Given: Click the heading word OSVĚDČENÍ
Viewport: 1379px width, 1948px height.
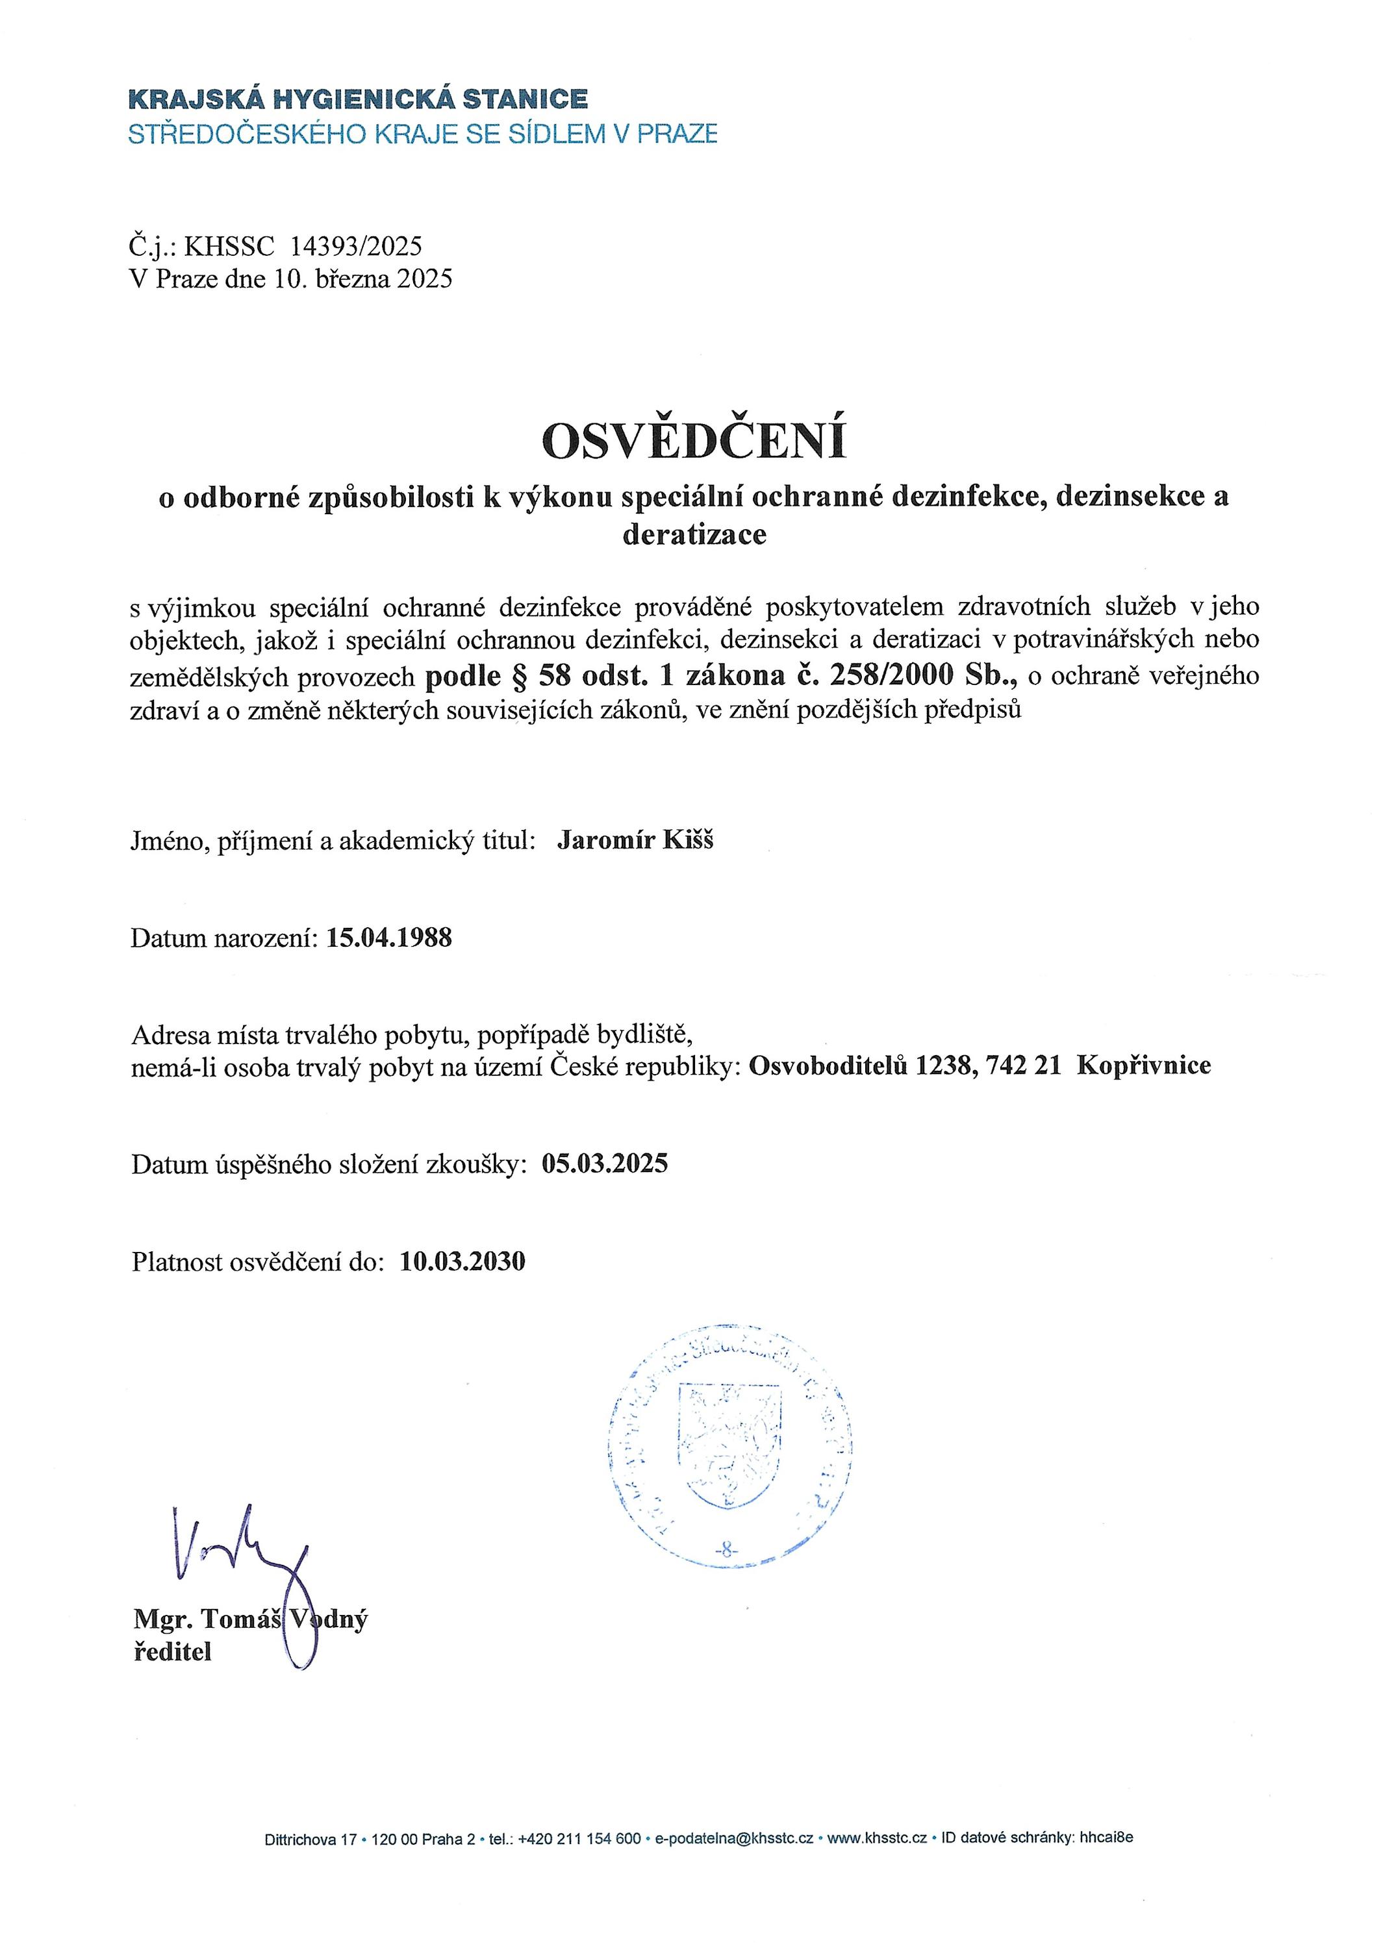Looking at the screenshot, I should coord(694,440).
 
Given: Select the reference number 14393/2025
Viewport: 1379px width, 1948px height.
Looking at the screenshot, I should coord(356,246).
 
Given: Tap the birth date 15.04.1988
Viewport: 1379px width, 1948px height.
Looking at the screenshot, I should coord(389,938).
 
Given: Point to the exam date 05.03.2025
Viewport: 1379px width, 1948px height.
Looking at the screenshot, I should coord(605,1163).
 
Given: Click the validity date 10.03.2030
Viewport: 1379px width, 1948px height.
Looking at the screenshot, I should coord(462,1261).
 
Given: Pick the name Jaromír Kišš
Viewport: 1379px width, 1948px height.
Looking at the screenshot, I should coord(635,840).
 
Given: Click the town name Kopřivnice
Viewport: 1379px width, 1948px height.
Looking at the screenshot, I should coord(1144,1066).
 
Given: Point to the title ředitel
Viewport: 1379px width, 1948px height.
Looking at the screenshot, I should coord(172,1653).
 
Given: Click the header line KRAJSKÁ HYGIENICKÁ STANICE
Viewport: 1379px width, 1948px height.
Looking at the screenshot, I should coord(357,99).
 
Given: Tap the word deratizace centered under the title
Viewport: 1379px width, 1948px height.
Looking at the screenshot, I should coord(694,535).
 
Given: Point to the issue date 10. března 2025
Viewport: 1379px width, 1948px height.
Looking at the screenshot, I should coord(362,279).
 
